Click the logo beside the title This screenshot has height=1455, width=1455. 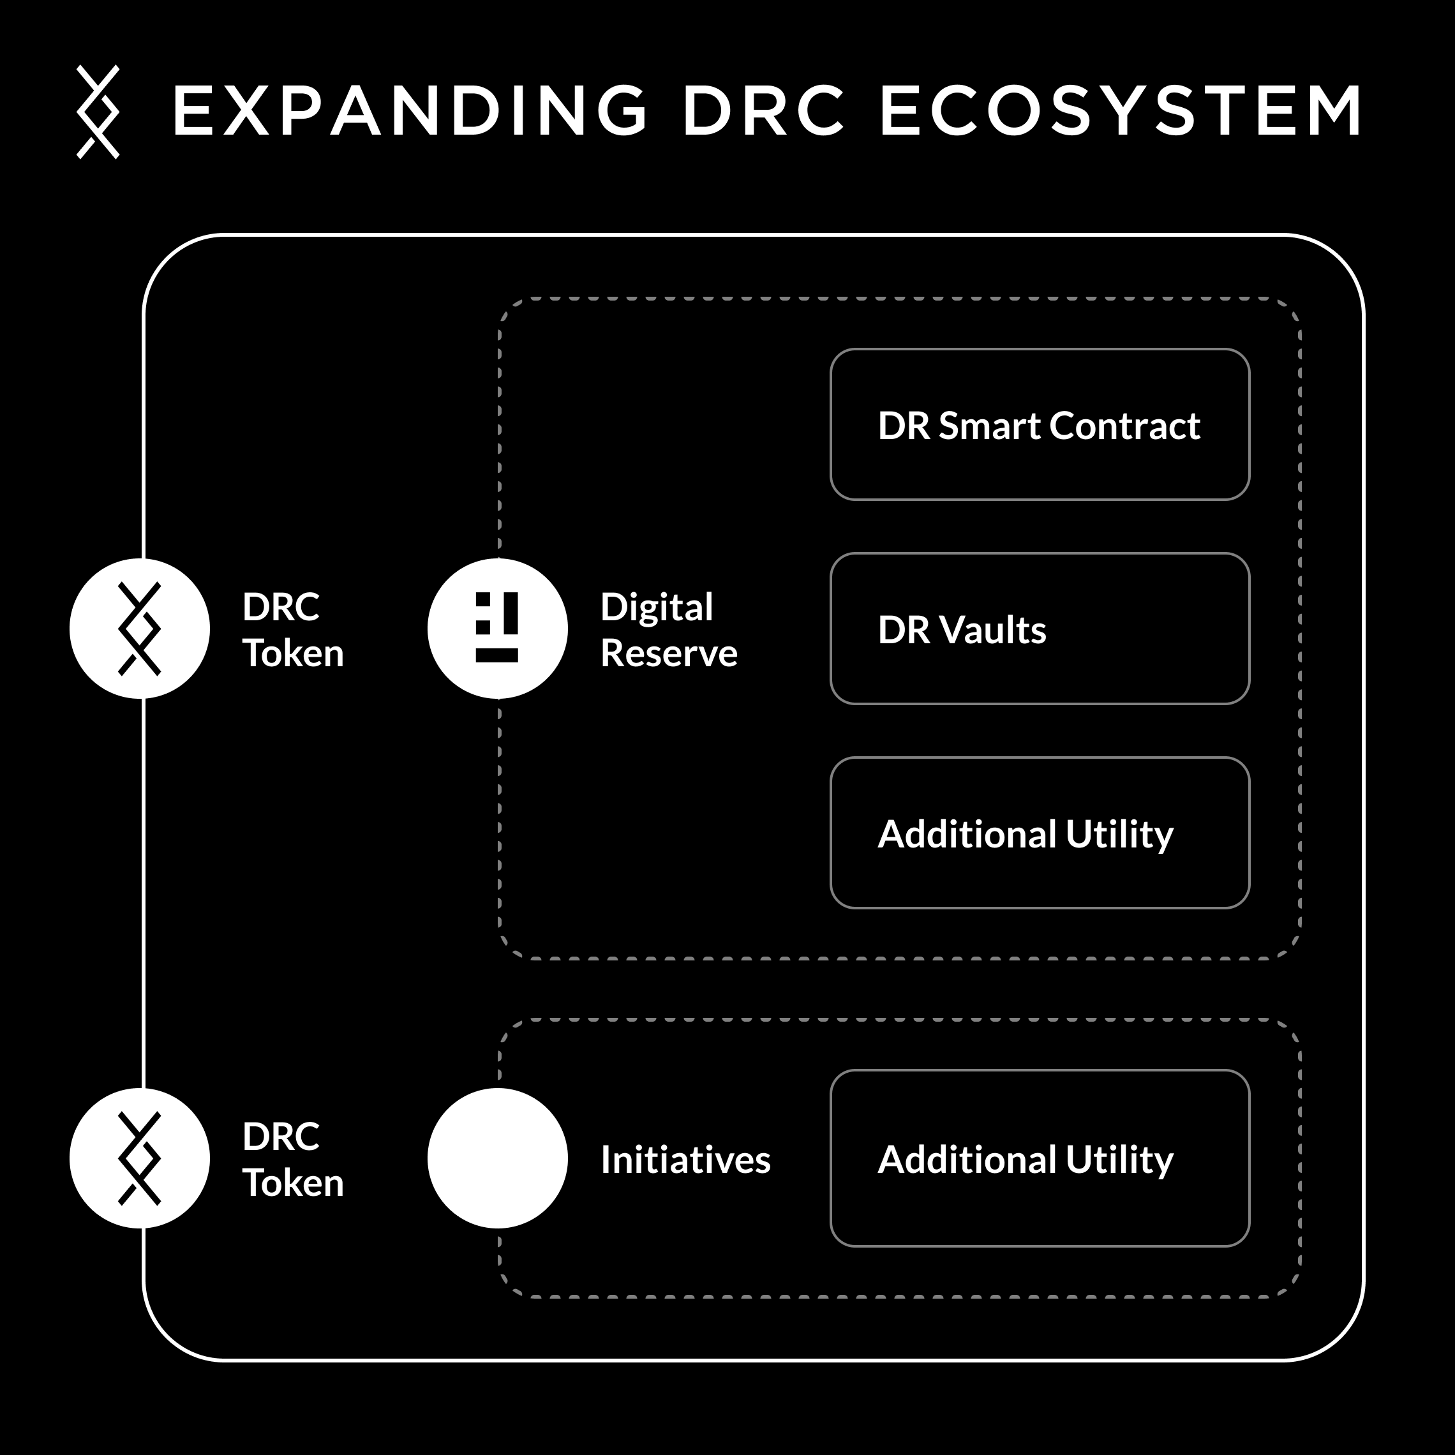click(x=98, y=112)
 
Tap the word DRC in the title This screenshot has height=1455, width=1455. click(x=764, y=112)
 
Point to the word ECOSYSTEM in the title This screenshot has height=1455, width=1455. click(x=1121, y=112)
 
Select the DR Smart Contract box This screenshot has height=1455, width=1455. click(x=1040, y=425)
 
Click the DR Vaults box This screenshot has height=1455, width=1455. click(x=1040, y=629)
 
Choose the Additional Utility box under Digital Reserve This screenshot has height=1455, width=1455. click(x=1040, y=833)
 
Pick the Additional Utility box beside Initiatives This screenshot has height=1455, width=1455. click(x=1040, y=1158)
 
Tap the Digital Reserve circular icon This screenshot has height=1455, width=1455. click(x=497, y=628)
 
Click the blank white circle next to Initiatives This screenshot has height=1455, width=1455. click(x=497, y=1158)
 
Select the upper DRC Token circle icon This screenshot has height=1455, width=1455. click(x=139, y=628)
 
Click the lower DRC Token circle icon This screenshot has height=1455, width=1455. click(x=139, y=1158)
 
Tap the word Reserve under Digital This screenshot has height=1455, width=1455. click(x=669, y=653)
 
